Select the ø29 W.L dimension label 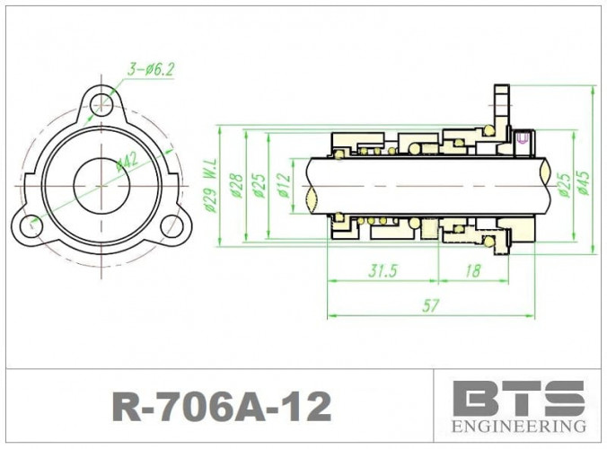click(x=211, y=186)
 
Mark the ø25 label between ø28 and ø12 click(x=260, y=184)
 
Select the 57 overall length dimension click(x=430, y=306)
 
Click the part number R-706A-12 click(x=221, y=406)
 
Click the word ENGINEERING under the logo click(x=518, y=425)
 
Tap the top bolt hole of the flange click(x=101, y=106)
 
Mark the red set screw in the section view click(x=522, y=138)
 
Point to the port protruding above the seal click(x=501, y=103)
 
